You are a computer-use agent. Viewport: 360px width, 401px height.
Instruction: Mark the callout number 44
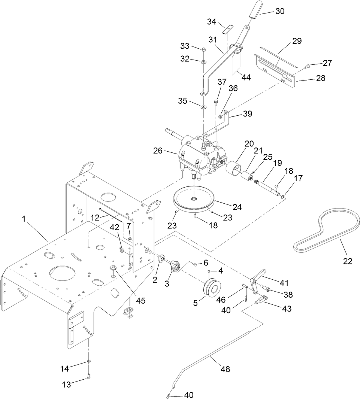[246, 77]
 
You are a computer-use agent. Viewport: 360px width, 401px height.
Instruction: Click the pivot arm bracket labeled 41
[258, 280]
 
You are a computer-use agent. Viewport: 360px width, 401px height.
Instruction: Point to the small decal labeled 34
[227, 29]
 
